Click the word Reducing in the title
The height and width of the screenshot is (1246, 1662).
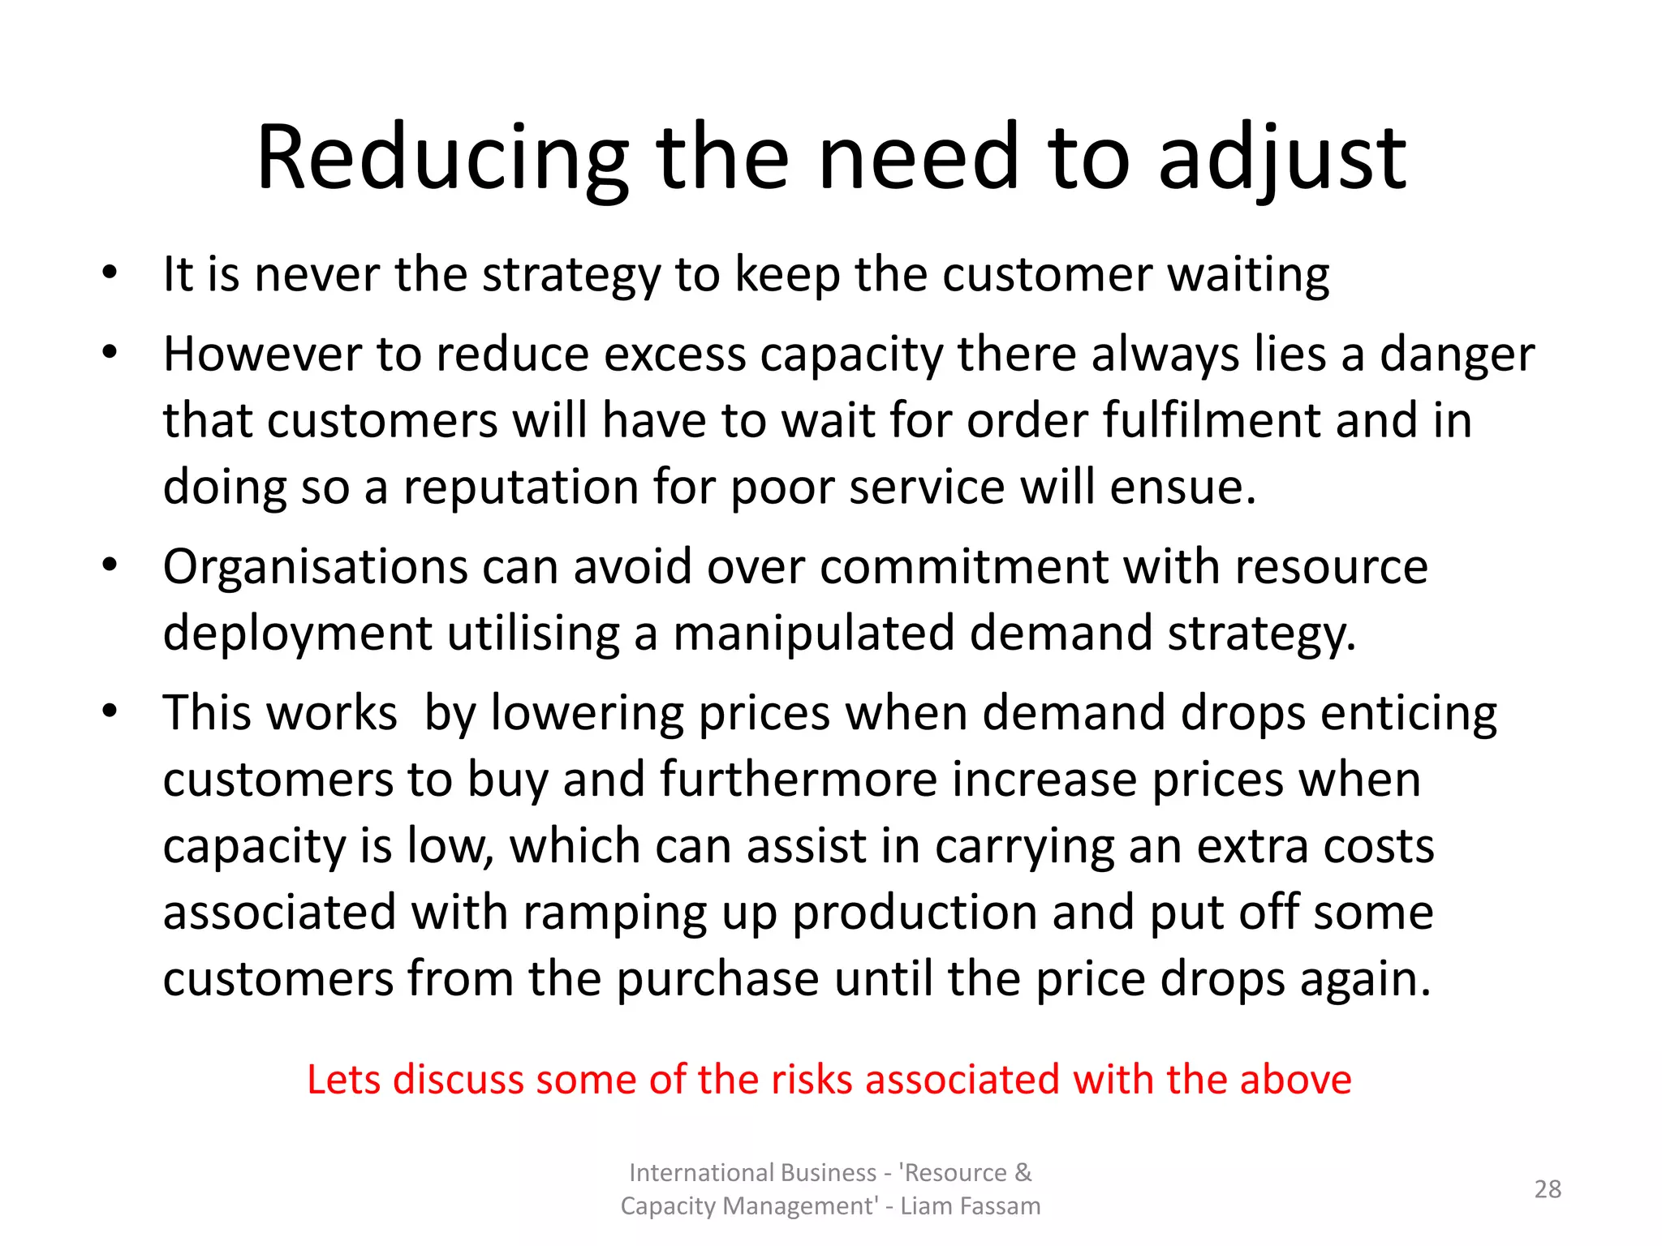pyautogui.click(x=442, y=158)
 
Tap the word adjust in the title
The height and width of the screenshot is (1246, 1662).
pyautogui.click(x=1282, y=158)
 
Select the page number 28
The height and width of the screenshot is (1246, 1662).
pyautogui.click(x=1548, y=1189)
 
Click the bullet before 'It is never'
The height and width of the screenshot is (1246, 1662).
pyautogui.click(x=110, y=272)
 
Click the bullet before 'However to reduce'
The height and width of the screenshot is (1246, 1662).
pyautogui.click(x=110, y=352)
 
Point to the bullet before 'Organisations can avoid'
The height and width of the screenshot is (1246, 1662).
pyautogui.click(x=110, y=565)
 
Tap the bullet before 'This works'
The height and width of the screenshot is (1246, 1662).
pyautogui.click(x=110, y=711)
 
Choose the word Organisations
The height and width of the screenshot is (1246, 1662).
pyautogui.click(x=315, y=566)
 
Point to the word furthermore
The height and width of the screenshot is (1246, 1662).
pyautogui.click(x=799, y=780)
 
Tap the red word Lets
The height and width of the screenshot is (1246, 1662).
pyautogui.click(x=346, y=1081)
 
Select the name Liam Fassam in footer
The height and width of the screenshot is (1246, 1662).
pyautogui.click(x=970, y=1206)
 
